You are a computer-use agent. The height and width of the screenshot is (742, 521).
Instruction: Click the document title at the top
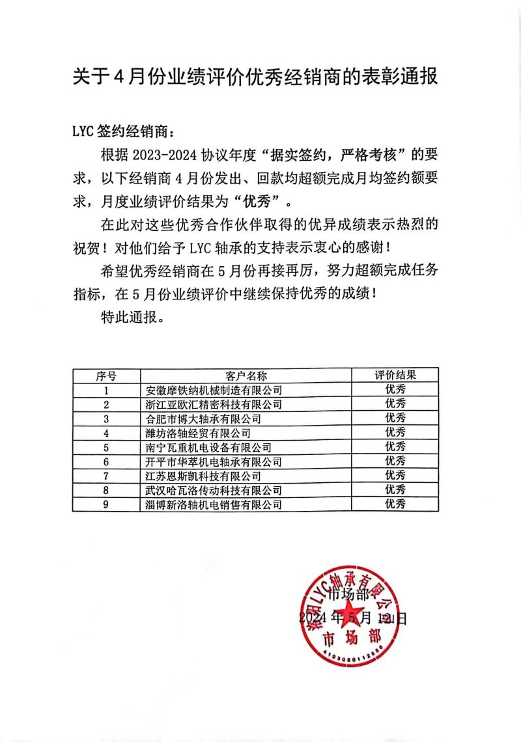tap(254, 76)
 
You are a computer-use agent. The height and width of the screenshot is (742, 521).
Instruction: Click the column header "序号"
tap(106, 376)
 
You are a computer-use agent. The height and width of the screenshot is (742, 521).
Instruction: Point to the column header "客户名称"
tap(246, 376)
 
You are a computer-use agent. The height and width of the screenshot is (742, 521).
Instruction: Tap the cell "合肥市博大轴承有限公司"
tap(203, 419)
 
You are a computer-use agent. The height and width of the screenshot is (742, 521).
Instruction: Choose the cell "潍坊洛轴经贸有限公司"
tap(198, 433)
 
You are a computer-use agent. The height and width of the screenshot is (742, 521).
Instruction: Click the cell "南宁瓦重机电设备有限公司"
tap(208, 447)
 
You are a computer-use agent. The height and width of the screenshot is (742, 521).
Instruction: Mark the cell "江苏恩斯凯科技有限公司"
tap(203, 476)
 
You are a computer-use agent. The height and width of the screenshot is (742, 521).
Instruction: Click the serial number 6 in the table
tap(106, 461)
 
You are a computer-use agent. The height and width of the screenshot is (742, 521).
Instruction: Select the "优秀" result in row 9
tap(395, 504)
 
